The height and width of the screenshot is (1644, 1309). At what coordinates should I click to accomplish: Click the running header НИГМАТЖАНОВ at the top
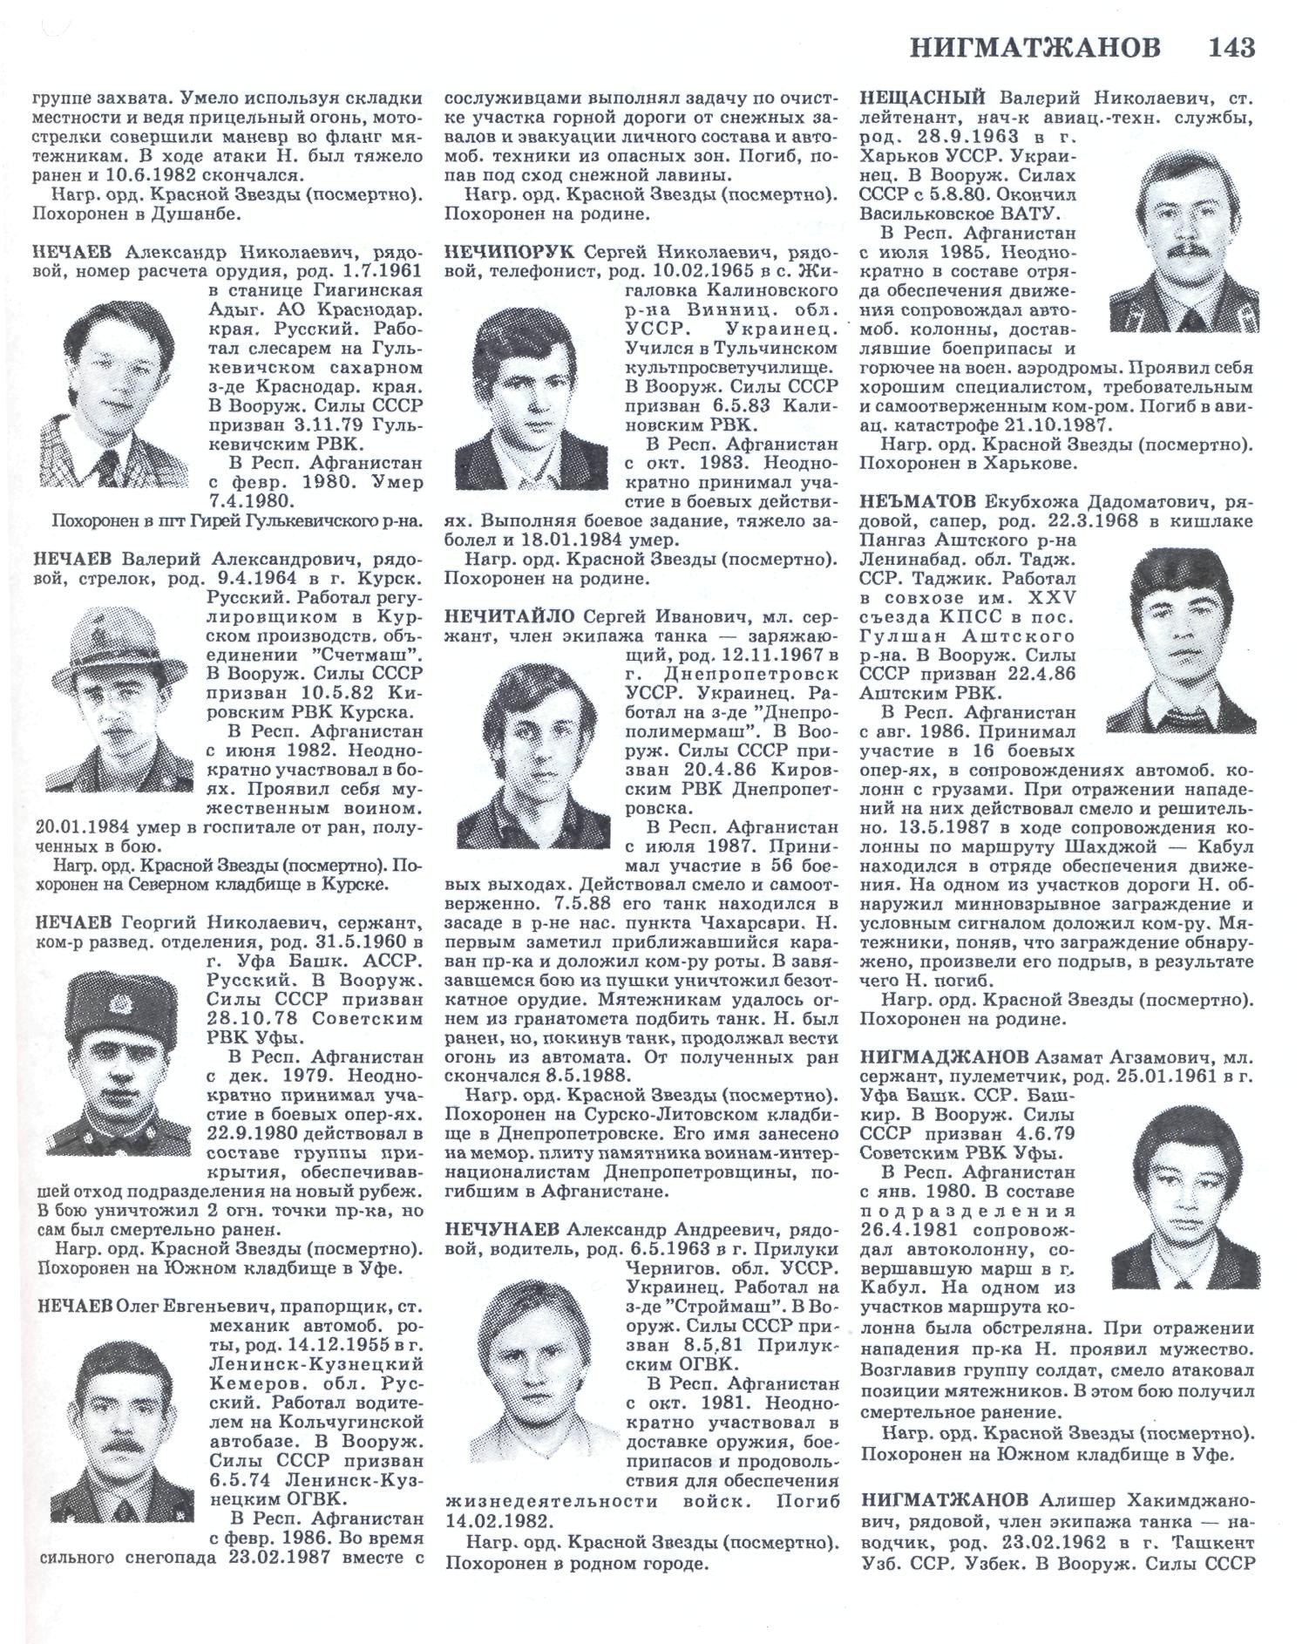pyautogui.click(x=1035, y=47)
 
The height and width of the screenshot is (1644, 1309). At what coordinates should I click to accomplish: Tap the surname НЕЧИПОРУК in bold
pyautogui.click(x=508, y=254)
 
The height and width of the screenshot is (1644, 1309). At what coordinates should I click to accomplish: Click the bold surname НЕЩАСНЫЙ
pyautogui.click(x=922, y=98)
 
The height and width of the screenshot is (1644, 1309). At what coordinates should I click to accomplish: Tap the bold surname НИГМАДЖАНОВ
pyautogui.click(x=945, y=1058)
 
